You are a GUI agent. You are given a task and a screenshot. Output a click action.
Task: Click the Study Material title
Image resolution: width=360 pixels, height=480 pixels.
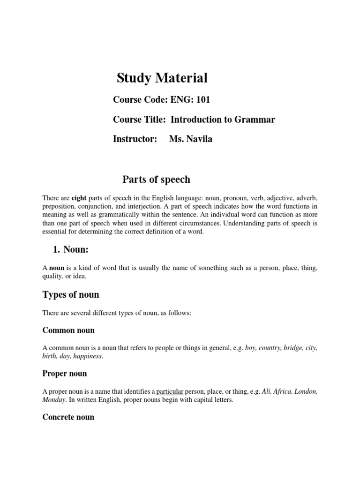pyautogui.click(x=162, y=78)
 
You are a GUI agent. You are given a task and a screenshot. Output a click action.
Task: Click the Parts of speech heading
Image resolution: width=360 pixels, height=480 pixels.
pyautogui.click(x=156, y=180)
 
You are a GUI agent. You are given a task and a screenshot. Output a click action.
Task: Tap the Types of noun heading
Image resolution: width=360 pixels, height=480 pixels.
pyautogui.click(x=71, y=295)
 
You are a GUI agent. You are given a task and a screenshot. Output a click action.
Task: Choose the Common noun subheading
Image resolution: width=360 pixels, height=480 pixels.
pyautogui.click(x=68, y=330)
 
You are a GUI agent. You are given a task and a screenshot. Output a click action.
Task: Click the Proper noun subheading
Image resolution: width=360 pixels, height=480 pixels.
pyautogui.click(x=65, y=374)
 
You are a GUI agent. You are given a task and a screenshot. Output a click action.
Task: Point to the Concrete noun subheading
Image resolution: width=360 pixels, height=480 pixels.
pyautogui.click(x=68, y=417)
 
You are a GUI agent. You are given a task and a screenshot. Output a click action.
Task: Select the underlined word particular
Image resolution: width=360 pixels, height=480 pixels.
pyautogui.click(x=170, y=391)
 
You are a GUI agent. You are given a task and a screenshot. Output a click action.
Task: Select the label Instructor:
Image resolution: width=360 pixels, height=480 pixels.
pyautogui.click(x=135, y=139)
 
